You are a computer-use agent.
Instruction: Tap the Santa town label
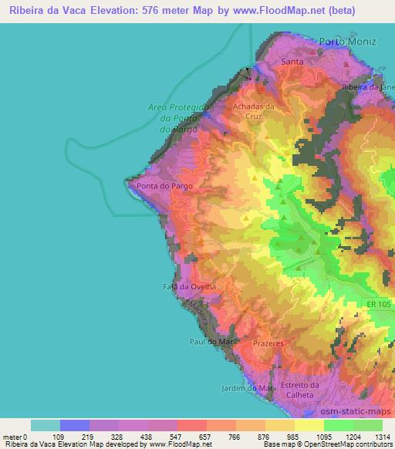click(x=292, y=61)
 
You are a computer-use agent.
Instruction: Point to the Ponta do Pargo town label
click(x=164, y=186)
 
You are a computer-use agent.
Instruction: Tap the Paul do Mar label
click(x=208, y=340)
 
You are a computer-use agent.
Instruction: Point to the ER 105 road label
click(x=378, y=305)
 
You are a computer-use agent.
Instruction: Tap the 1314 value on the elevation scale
click(x=382, y=437)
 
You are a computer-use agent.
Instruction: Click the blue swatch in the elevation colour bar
click(x=75, y=425)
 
